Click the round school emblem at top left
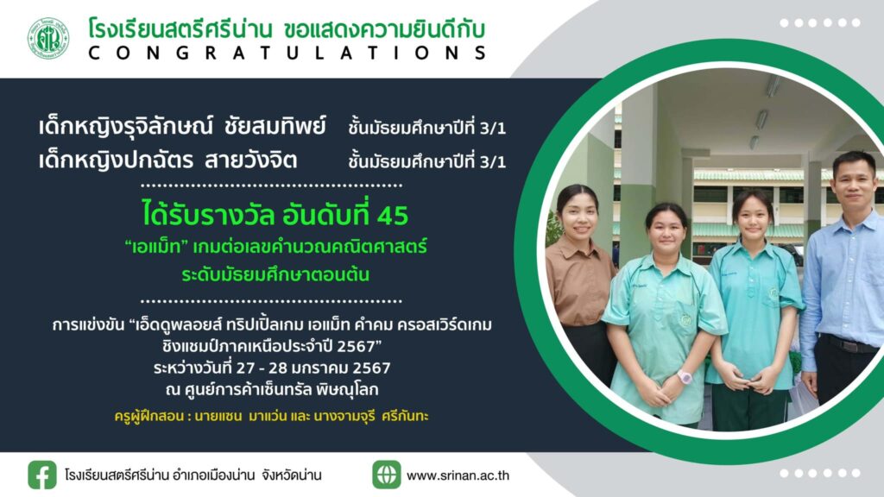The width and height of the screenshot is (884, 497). (48, 38)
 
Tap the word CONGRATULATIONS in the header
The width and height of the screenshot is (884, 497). (287, 53)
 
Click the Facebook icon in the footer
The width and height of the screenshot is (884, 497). (42, 475)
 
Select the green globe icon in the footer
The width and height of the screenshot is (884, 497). (386, 475)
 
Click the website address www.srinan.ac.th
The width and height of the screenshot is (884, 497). (458, 475)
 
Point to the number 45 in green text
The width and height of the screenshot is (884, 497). (393, 215)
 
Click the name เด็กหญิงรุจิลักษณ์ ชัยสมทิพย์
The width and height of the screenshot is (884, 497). (182, 125)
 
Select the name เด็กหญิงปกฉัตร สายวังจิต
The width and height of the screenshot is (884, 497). (167, 160)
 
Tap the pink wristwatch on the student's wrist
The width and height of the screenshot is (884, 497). (685, 376)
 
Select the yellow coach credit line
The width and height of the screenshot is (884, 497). (271, 417)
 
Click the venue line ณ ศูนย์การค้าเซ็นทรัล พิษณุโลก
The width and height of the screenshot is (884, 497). (272, 389)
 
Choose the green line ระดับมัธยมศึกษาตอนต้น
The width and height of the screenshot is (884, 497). (275, 274)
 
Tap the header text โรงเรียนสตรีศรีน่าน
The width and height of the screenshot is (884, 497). (180, 29)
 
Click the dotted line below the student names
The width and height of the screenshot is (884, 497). (271, 185)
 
